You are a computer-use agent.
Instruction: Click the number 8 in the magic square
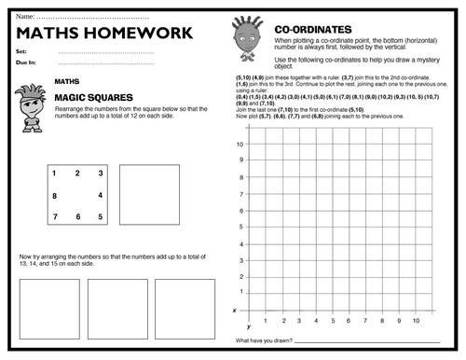[x=54, y=196]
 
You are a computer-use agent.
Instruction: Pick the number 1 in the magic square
[x=54, y=173]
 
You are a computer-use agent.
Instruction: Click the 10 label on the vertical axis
[x=240, y=145]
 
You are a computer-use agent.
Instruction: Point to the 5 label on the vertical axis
[x=240, y=227]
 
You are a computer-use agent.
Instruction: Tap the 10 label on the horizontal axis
[x=416, y=319]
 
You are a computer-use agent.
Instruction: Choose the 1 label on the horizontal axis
[x=266, y=319]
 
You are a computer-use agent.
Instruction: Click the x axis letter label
[x=234, y=310]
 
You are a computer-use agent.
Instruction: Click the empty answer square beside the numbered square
[x=149, y=194]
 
